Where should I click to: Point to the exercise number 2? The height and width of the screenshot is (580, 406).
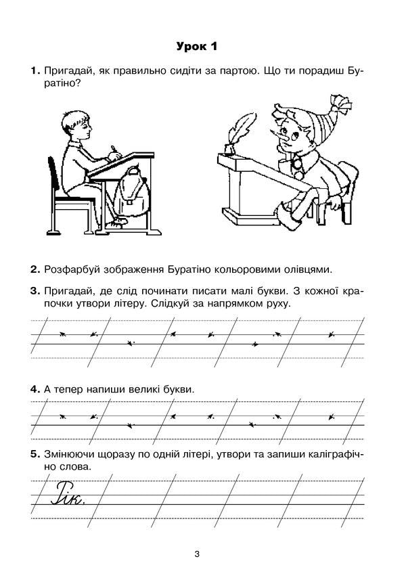tap(33, 270)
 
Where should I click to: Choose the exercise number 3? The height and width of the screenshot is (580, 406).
tap(33, 291)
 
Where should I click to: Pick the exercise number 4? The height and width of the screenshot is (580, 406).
tap(33, 391)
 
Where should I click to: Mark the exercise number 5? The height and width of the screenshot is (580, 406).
tap(33, 454)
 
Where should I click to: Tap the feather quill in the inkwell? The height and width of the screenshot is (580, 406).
tap(235, 132)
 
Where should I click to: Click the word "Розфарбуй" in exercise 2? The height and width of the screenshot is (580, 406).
tap(73, 270)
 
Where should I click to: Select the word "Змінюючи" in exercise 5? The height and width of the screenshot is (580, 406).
tap(73, 454)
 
